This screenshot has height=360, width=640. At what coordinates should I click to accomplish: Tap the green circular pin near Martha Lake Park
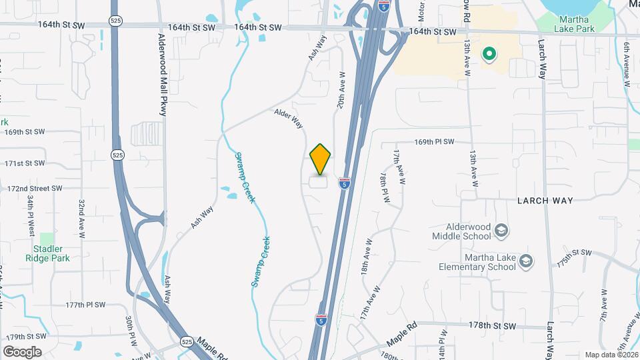490,55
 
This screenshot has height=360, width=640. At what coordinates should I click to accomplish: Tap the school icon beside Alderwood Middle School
501,231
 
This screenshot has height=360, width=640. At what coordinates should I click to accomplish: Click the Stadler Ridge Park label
47,253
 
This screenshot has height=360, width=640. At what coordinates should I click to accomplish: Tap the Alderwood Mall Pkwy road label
162,75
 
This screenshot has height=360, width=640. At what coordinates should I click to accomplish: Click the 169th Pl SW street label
433,142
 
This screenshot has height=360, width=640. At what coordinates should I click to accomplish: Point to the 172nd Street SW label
35,189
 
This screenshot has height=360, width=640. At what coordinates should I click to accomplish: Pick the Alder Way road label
289,119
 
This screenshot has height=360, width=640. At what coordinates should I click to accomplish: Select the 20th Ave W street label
340,91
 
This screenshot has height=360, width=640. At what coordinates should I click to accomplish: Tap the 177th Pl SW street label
85,305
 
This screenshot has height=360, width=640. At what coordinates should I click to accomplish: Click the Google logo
23,351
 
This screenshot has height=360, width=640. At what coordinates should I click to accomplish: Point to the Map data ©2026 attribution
611,355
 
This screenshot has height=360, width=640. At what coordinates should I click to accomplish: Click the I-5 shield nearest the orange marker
345,183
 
